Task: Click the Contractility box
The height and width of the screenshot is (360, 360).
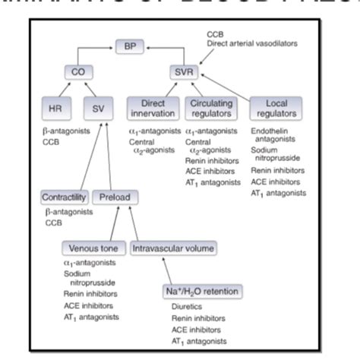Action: (65, 198)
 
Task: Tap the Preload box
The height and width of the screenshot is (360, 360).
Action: (115, 198)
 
